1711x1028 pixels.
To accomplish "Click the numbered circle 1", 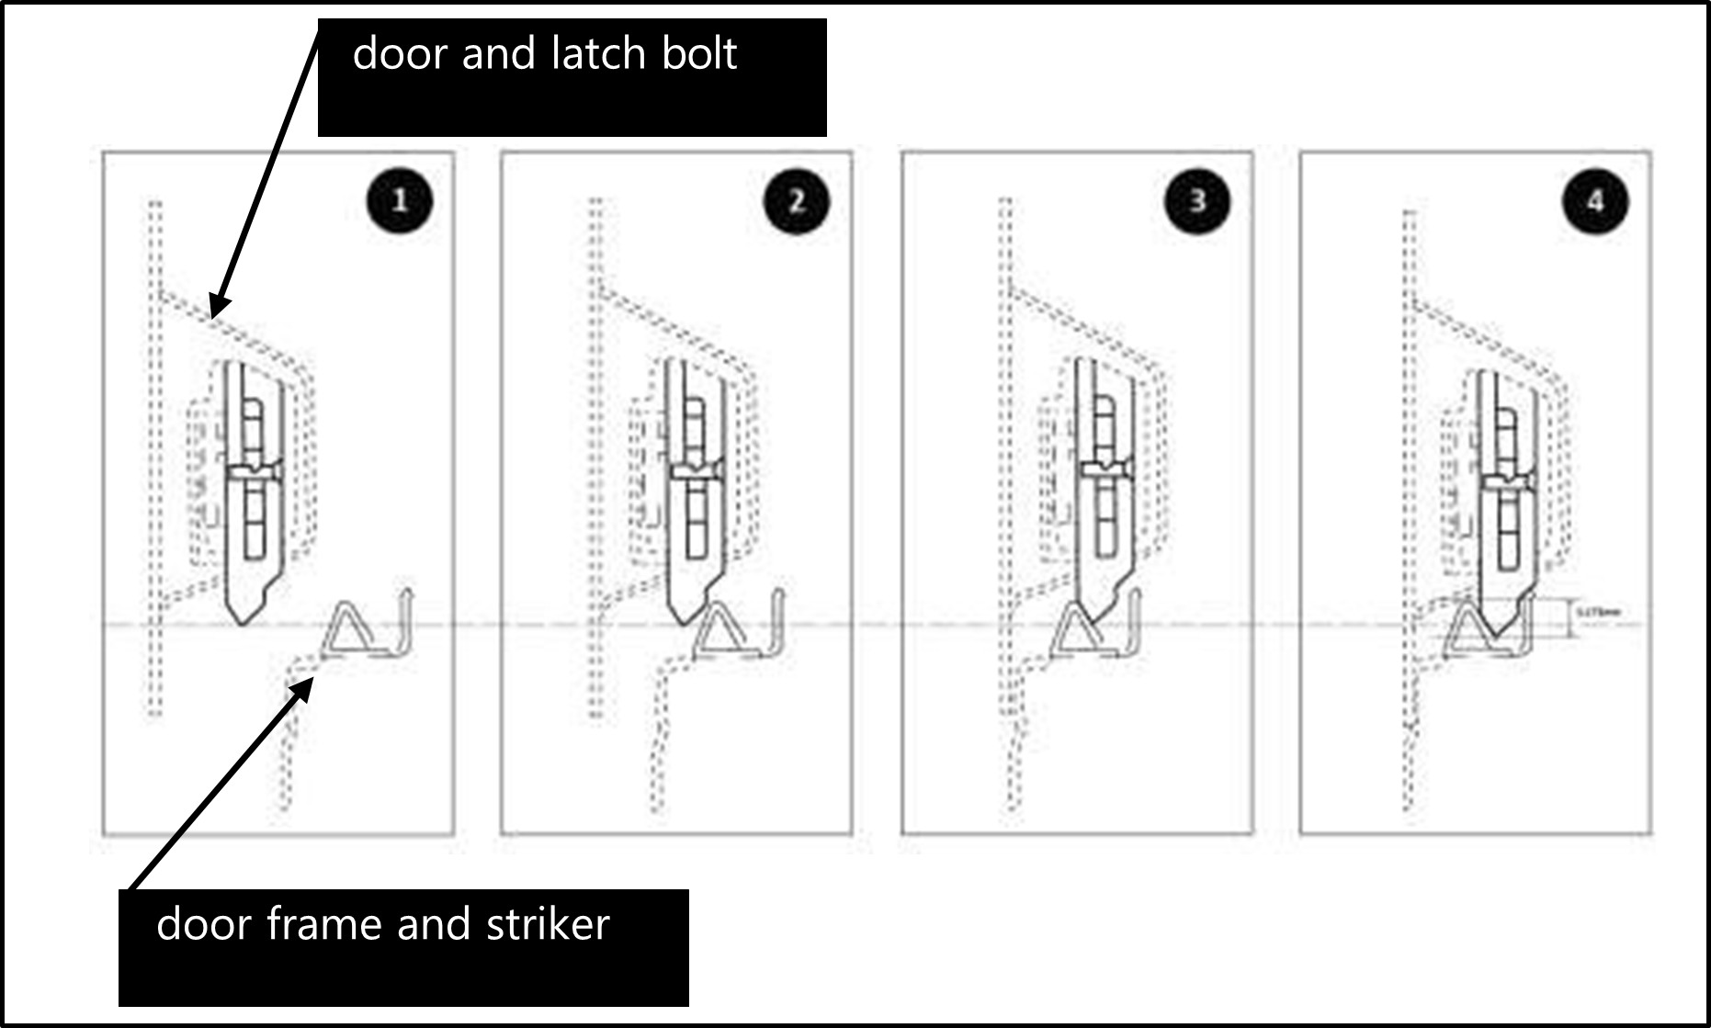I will click(x=399, y=200).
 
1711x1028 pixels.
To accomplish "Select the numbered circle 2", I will click(x=797, y=200).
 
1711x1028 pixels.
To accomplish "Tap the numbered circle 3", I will click(x=1196, y=200).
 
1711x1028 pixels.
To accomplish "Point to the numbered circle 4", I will click(x=1595, y=200).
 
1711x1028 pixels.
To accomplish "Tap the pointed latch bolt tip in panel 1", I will click(x=243, y=621).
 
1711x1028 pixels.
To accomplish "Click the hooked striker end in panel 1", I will click(x=405, y=611).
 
